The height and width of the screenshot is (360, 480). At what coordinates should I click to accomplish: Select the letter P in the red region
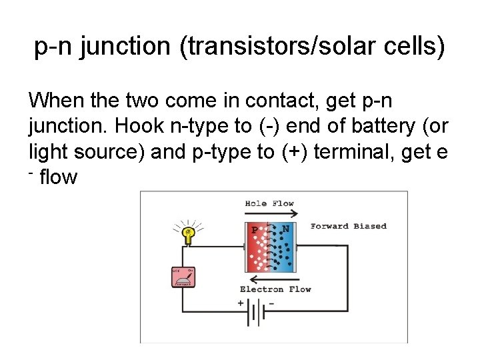(254, 230)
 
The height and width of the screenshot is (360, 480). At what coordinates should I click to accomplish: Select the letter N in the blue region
(286, 229)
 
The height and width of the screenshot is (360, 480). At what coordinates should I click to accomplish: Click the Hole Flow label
(269, 203)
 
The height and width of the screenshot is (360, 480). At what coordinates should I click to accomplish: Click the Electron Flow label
(275, 289)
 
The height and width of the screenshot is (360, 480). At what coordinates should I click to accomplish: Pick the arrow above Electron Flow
(269, 279)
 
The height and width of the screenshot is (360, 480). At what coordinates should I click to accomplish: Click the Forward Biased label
(348, 226)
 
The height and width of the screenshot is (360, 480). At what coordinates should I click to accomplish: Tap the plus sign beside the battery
(241, 303)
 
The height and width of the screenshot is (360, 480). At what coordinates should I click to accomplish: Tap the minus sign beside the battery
(271, 303)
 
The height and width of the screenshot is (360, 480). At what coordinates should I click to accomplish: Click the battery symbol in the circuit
(256, 312)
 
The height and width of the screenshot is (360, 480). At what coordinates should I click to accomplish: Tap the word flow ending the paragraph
(59, 177)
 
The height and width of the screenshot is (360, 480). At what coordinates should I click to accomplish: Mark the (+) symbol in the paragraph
(293, 151)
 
